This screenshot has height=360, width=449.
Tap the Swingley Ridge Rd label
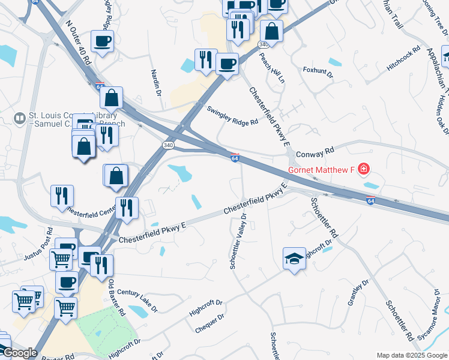(232, 115)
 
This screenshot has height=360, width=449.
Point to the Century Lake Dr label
(137, 301)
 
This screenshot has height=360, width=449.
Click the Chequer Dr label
(209, 324)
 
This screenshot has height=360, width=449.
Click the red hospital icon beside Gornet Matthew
(363, 170)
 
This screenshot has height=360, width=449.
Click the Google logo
(20, 353)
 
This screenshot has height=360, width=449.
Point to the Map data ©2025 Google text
(411, 355)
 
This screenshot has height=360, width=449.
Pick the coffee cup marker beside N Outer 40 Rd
(102, 42)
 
